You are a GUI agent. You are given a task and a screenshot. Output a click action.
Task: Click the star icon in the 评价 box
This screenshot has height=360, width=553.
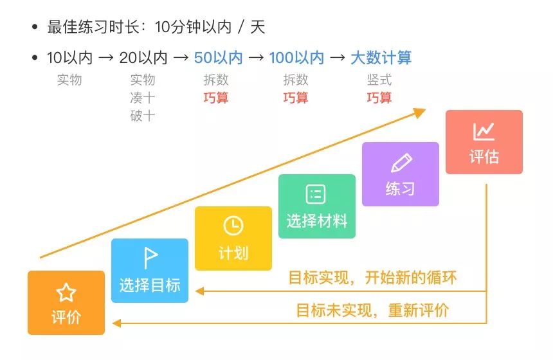[x=66, y=293]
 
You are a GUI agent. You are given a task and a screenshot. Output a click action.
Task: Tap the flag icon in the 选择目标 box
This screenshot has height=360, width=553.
[x=150, y=258]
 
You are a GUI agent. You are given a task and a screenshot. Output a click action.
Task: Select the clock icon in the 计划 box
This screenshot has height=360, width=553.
[x=233, y=226]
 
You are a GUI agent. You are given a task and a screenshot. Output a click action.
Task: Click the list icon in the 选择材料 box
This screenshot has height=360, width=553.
[x=316, y=194]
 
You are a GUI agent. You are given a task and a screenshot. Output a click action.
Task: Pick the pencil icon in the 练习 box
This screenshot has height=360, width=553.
[x=401, y=163]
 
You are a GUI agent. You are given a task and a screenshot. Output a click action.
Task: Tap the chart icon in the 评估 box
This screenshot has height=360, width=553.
[x=484, y=131]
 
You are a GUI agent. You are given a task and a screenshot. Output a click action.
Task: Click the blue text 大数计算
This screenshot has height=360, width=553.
[x=381, y=58]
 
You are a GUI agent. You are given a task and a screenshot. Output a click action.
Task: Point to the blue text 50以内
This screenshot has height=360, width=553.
[x=218, y=58]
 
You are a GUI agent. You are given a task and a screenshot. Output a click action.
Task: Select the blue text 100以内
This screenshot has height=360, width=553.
[x=296, y=58]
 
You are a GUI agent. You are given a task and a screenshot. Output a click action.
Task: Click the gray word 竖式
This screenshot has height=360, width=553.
[x=379, y=80]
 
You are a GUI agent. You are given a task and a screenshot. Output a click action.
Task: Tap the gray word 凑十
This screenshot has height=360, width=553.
[x=142, y=98]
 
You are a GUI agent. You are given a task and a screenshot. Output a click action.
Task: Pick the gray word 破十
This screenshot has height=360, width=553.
[x=142, y=116]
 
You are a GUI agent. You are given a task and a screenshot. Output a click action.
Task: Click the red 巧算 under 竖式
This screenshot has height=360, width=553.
[x=379, y=98]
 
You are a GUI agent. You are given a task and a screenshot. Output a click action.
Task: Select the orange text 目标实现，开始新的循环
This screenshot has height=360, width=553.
[x=372, y=278]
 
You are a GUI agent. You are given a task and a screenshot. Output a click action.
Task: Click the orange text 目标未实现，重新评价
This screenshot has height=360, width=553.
[x=372, y=310]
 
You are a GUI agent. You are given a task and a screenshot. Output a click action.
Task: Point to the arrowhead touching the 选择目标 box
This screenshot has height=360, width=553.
[x=200, y=291]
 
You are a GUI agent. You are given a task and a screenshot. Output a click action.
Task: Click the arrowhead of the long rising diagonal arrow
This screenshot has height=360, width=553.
[x=420, y=113]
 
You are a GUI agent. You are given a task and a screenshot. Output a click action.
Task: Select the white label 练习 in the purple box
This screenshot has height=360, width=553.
[x=400, y=189]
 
